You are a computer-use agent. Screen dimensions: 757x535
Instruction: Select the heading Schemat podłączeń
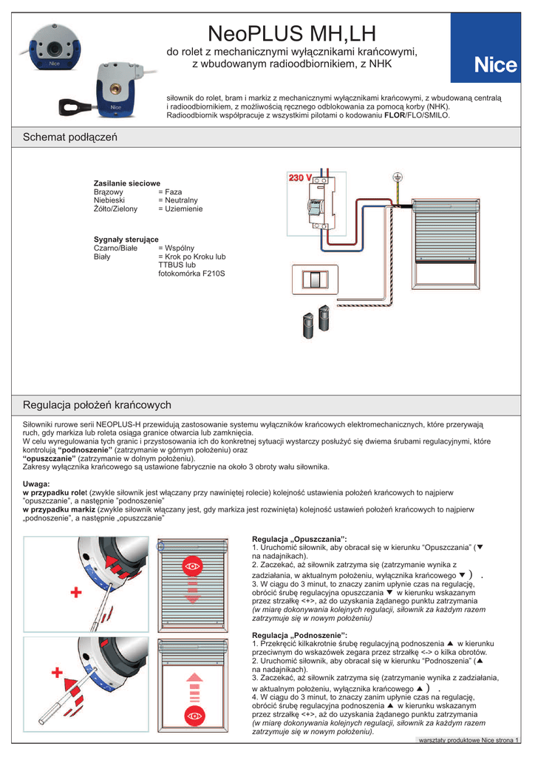click(70, 138)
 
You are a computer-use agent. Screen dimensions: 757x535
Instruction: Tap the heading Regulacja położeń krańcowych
click(97, 405)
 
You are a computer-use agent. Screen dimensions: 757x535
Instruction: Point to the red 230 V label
click(300, 178)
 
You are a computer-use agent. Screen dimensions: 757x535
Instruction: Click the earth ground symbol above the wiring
click(397, 178)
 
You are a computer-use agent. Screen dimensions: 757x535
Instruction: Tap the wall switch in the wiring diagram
click(316, 281)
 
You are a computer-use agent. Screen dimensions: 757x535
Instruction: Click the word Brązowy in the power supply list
click(109, 191)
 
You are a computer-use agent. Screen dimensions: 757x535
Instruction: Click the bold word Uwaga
click(37, 483)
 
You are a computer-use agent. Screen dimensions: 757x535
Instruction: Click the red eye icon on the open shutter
click(194, 716)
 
